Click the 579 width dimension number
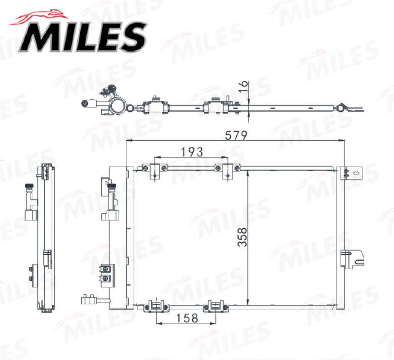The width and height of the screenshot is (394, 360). coord(236,136)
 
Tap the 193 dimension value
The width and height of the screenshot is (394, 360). coord(192,151)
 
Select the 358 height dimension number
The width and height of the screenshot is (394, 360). coord(242,237)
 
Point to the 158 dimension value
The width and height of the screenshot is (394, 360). coord(187,318)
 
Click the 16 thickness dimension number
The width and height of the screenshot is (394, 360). coord(243,87)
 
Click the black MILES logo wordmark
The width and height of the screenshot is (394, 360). coord(82,37)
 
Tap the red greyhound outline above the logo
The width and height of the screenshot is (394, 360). coord(38,18)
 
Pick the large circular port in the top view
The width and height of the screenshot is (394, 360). coord(118,105)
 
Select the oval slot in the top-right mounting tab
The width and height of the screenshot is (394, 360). coord(356,173)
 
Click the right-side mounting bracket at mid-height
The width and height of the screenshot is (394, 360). coord(352,259)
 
